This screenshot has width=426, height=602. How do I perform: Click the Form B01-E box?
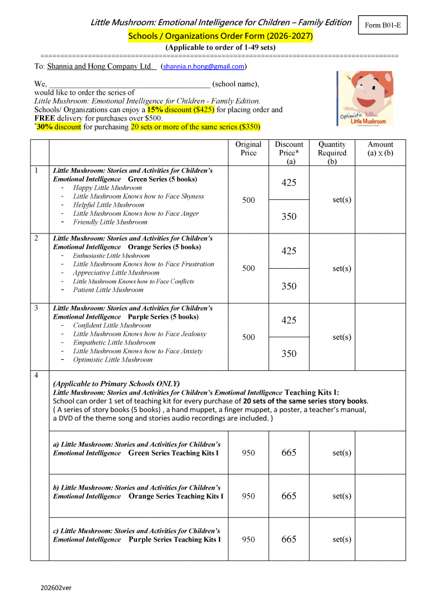tap(383, 25)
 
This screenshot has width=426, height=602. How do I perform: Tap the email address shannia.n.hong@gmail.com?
tap(204, 67)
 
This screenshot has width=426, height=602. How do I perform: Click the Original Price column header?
tap(248, 149)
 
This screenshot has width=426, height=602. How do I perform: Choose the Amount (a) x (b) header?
tap(380, 149)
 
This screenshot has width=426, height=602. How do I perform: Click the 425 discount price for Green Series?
tap(289, 183)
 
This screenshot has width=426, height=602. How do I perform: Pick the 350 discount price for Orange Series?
tap(289, 286)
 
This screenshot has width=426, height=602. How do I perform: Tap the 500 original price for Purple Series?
tap(248, 337)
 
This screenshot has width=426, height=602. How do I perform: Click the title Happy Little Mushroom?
tap(107, 188)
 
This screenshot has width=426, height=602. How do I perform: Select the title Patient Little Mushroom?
tap(108, 290)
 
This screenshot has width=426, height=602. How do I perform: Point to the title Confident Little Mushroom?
tap(112, 325)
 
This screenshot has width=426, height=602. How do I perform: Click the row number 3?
tap(36, 308)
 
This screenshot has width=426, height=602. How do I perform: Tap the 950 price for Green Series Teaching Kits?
tap(248, 453)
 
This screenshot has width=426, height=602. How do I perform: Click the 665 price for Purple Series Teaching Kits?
tap(289, 540)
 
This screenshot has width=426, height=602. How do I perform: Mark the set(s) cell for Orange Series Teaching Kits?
tap(342, 496)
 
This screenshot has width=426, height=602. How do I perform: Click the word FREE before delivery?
tap(44, 118)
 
